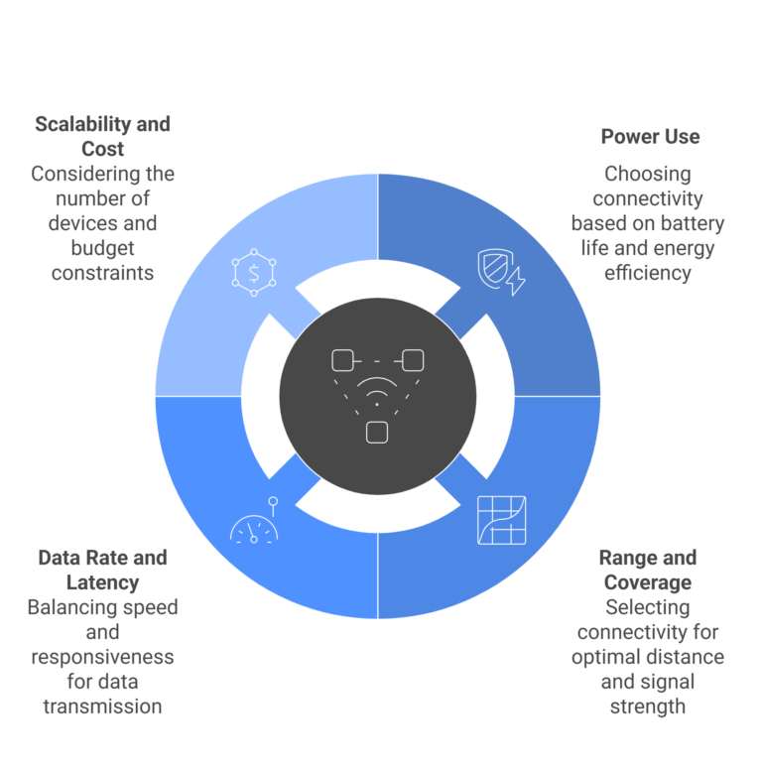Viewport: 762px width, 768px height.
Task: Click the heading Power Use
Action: tap(650, 137)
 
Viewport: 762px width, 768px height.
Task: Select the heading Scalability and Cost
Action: tap(102, 136)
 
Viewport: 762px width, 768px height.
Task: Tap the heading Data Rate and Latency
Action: tap(102, 570)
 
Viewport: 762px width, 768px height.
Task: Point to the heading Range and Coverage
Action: tap(648, 570)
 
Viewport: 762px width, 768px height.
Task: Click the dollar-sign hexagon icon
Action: tap(254, 272)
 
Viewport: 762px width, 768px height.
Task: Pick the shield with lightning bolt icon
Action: tap(501, 272)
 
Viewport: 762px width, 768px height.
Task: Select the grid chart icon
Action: tap(501, 520)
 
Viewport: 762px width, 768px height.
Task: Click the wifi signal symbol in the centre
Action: tap(377, 391)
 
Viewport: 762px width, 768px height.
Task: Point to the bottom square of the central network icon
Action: tap(377, 433)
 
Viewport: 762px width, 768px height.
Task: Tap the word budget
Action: tap(102, 248)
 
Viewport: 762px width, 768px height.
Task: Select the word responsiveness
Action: tap(102, 657)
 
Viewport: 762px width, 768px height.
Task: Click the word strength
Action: tap(648, 706)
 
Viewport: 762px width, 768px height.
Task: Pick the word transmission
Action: tap(102, 706)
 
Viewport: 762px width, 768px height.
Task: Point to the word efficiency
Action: tap(648, 273)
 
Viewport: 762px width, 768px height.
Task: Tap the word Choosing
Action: tap(648, 175)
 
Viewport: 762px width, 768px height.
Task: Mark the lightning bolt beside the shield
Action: tap(516, 281)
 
